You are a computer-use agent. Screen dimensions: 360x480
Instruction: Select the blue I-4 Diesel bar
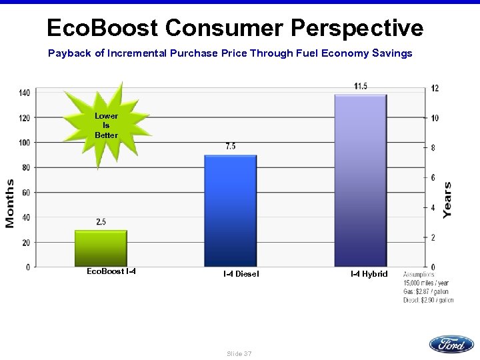click(230, 211)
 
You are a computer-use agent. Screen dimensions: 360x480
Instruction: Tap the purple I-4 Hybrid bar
click(361, 181)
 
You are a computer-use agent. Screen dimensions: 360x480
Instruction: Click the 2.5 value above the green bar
click(101, 222)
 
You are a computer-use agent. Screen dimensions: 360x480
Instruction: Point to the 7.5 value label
click(230, 147)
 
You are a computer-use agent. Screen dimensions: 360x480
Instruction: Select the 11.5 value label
click(361, 86)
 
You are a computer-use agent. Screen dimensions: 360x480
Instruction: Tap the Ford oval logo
click(451, 345)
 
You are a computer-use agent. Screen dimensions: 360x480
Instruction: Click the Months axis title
click(11, 203)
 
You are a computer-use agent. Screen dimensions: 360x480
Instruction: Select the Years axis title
click(447, 199)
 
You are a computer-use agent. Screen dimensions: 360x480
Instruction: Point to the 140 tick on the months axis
click(24, 93)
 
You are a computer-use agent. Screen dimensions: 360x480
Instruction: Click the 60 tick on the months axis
click(25, 193)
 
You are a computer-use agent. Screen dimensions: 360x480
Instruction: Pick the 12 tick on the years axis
click(435, 89)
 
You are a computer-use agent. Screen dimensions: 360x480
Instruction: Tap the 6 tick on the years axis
click(433, 178)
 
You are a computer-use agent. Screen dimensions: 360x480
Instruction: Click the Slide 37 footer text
click(239, 353)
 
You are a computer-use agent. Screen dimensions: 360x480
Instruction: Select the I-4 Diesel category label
click(241, 274)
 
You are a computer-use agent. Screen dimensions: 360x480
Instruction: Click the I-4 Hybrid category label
click(369, 274)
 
